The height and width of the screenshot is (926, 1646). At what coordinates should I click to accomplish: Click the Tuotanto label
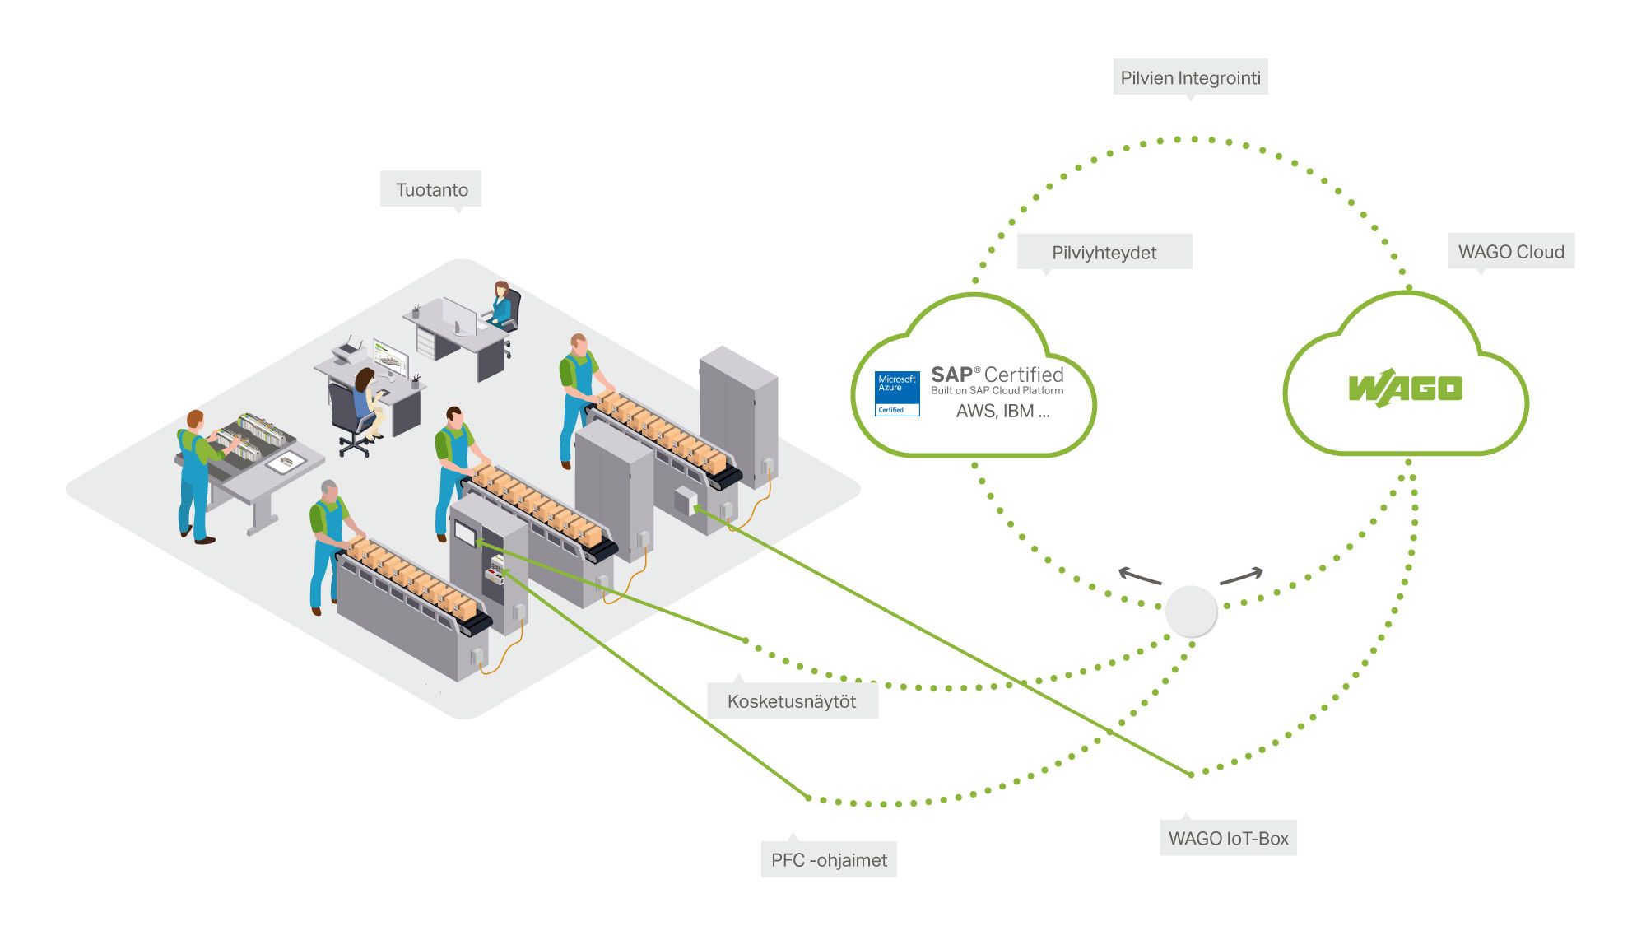pos(431,190)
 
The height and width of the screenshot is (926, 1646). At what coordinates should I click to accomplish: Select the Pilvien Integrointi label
pos(1190,78)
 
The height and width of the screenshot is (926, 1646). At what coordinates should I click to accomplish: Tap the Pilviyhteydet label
pos(1104,253)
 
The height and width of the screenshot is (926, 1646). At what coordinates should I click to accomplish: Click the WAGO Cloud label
pos(1511,252)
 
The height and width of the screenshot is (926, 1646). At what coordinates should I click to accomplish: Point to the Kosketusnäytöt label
pos(792,701)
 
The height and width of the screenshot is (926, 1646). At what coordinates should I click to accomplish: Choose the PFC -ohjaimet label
pos(829,860)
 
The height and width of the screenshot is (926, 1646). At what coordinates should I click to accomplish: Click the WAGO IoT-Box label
pos(1228,838)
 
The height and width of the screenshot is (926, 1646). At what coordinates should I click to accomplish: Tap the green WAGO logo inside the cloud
pos(1406,389)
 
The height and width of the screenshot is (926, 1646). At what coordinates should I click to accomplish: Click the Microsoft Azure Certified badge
pos(897,393)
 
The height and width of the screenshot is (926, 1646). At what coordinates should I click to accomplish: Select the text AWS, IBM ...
pos(995,412)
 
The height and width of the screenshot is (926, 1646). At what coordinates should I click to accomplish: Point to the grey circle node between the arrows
pos(1191,611)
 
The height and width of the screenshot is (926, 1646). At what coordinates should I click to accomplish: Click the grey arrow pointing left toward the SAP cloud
pos(1139,575)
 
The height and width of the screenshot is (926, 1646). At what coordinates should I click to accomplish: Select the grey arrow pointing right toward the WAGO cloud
pos(1241,575)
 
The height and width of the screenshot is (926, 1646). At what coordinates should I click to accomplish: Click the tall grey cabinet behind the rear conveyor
pos(738,416)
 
